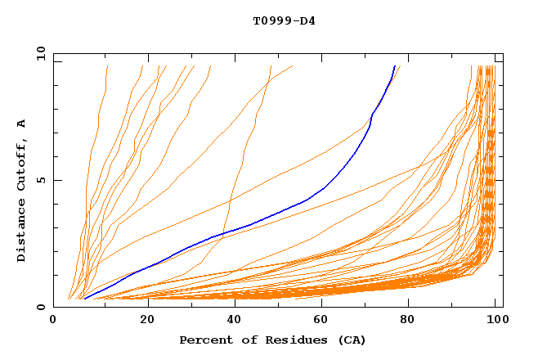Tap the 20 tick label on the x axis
pyautogui.click(x=142, y=321)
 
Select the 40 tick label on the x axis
pyautogui.click(x=231, y=321)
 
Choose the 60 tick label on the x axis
pyautogui.click(x=319, y=321)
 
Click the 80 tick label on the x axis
pyautogui.click(x=407, y=321)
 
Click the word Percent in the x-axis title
pyautogui.click(x=204, y=340)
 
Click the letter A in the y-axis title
pyautogui.click(x=21, y=124)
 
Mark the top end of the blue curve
pyautogui.click(x=395, y=65)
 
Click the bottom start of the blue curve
pyautogui.click(x=84, y=299)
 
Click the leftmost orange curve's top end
pyautogui.click(x=106, y=65)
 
